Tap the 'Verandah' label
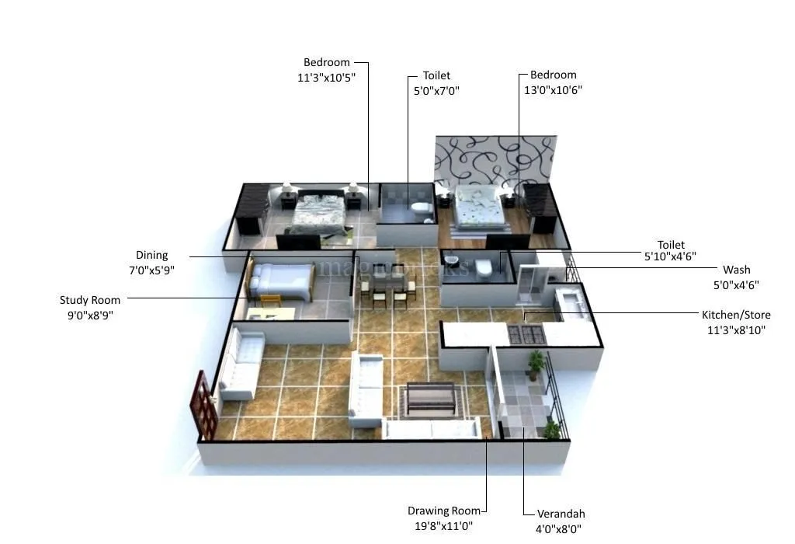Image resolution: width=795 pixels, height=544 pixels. coord(561,514)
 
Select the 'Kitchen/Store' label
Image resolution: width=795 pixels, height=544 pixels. coord(736,315)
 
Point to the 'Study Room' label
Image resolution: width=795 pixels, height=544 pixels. coord(90,300)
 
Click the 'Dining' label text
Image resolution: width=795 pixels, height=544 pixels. coord(151,255)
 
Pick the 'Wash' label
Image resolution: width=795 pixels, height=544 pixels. coord(737,270)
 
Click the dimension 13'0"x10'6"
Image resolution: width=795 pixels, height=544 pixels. coord(554,89)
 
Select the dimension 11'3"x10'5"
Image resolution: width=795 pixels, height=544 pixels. coord(326,77)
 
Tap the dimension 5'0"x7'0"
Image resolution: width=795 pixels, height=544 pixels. coord(436,90)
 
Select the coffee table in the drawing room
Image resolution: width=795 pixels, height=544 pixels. coord(430,396)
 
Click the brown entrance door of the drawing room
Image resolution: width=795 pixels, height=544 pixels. coord(204,404)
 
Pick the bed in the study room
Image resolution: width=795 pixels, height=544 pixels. coord(282,281)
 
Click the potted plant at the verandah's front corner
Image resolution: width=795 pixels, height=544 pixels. coord(552,430)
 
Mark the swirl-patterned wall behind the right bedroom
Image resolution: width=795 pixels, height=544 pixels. coord(495,160)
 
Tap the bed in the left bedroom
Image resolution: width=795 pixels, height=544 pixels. coord(318,212)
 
